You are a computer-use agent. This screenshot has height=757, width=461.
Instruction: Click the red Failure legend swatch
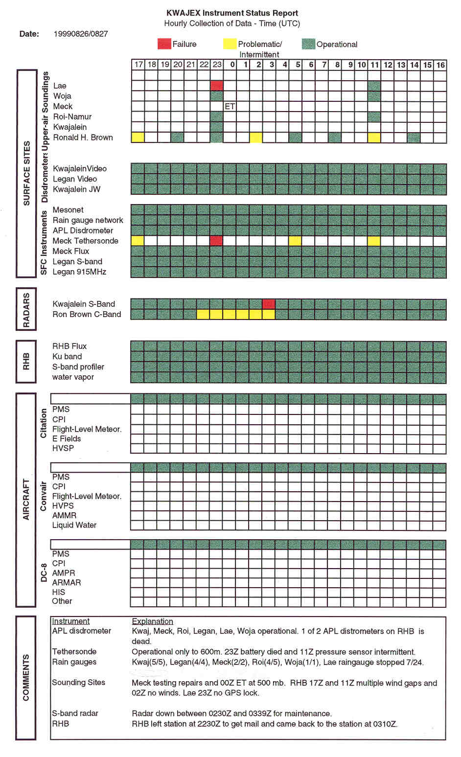click(x=164, y=44)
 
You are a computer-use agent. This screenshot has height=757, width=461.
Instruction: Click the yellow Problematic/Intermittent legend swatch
click(x=230, y=44)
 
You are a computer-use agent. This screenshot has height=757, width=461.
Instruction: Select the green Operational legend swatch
click(x=308, y=44)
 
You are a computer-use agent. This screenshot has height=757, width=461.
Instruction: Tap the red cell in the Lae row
click(x=217, y=86)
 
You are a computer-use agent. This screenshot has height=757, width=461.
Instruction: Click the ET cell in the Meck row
click(x=230, y=106)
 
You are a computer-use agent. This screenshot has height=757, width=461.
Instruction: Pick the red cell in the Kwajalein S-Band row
click(x=269, y=304)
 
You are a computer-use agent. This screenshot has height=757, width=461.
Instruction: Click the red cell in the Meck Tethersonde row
click(x=216, y=241)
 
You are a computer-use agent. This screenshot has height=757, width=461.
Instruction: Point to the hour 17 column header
click(x=138, y=65)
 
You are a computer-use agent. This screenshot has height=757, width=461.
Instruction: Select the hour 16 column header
click(x=440, y=65)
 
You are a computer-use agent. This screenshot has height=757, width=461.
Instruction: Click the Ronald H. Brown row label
click(x=83, y=138)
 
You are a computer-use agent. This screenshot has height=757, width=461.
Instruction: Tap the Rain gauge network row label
click(x=88, y=220)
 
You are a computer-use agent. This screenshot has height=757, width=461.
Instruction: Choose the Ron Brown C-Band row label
click(x=87, y=314)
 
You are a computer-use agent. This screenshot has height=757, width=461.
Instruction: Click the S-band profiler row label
click(x=78, y=367)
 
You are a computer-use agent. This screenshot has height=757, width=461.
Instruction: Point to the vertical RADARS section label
click(x=26, y=310)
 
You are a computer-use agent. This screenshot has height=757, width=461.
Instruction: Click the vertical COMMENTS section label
click(x=26, y=677)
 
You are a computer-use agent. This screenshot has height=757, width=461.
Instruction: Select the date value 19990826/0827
click(x=81, y=34)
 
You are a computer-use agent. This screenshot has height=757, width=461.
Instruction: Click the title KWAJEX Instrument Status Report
click(x=232, y=13)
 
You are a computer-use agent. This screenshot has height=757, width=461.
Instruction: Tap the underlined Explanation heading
click(x=152, y=621)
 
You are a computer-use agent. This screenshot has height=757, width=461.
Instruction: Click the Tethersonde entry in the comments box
click(x=74, y=651)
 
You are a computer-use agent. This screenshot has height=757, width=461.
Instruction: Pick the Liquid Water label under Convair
click(x=74, y=525)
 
